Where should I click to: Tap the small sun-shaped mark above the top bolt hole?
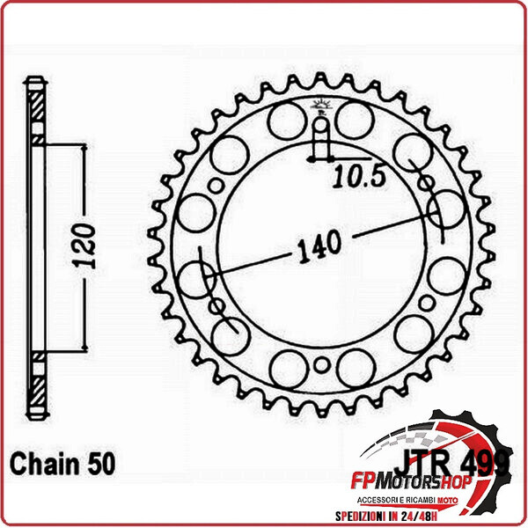click(320, 109)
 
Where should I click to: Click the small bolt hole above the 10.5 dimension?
click(320, 137)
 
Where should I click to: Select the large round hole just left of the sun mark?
click(286, 121)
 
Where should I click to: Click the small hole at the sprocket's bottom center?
click(321, 365)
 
